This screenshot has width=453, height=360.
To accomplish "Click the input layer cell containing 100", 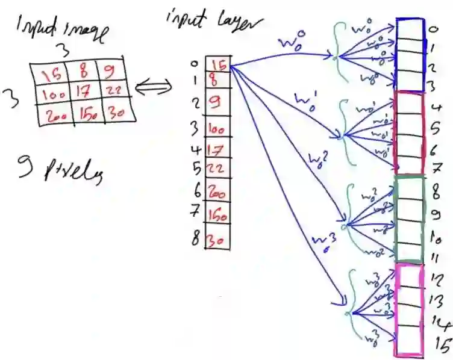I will (216, 129).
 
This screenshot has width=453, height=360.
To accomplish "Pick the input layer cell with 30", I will (216, 241).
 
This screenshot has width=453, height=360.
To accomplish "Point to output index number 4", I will (436, 110).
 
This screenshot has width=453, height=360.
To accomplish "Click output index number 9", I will (441, 214).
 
